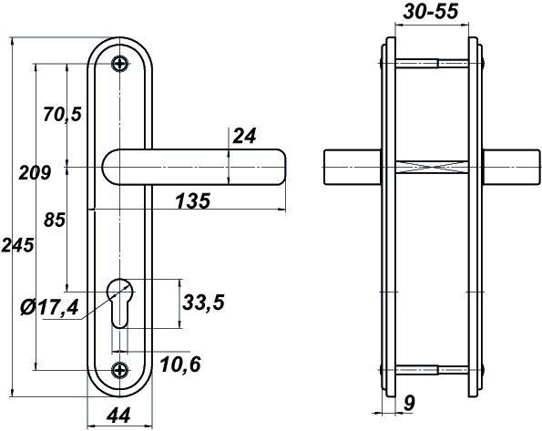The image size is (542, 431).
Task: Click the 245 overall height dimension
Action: tap(17, 245)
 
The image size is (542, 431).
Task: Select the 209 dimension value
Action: tap(35, 172)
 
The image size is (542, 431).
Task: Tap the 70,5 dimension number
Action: tap(62, 114)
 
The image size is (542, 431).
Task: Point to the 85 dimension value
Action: tap(55, 220)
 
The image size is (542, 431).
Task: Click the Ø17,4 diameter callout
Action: tap(49, 307)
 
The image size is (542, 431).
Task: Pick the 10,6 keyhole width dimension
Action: tap(180, 364)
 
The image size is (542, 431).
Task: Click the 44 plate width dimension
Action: tap(118, 416)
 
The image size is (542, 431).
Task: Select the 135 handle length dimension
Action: tap(193, 201)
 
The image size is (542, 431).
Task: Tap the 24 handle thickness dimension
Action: tap(245, 136)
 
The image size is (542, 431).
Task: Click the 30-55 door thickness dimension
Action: tap(431, 12)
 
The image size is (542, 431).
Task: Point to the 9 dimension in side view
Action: tap(409, 403)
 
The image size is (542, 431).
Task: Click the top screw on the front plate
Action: tap(120, 64)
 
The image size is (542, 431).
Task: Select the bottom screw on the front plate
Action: tap(120, 370)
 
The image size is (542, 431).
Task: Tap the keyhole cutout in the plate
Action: tap(119, 303)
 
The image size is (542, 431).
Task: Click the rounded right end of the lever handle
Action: tap(280, 168)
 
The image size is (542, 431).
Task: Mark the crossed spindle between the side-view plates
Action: tap(432, 167)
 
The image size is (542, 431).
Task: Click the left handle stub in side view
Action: tap(353, 167)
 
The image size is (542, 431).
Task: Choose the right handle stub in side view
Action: tap(512, 167)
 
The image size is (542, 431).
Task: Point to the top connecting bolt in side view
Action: tap(432, 64)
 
